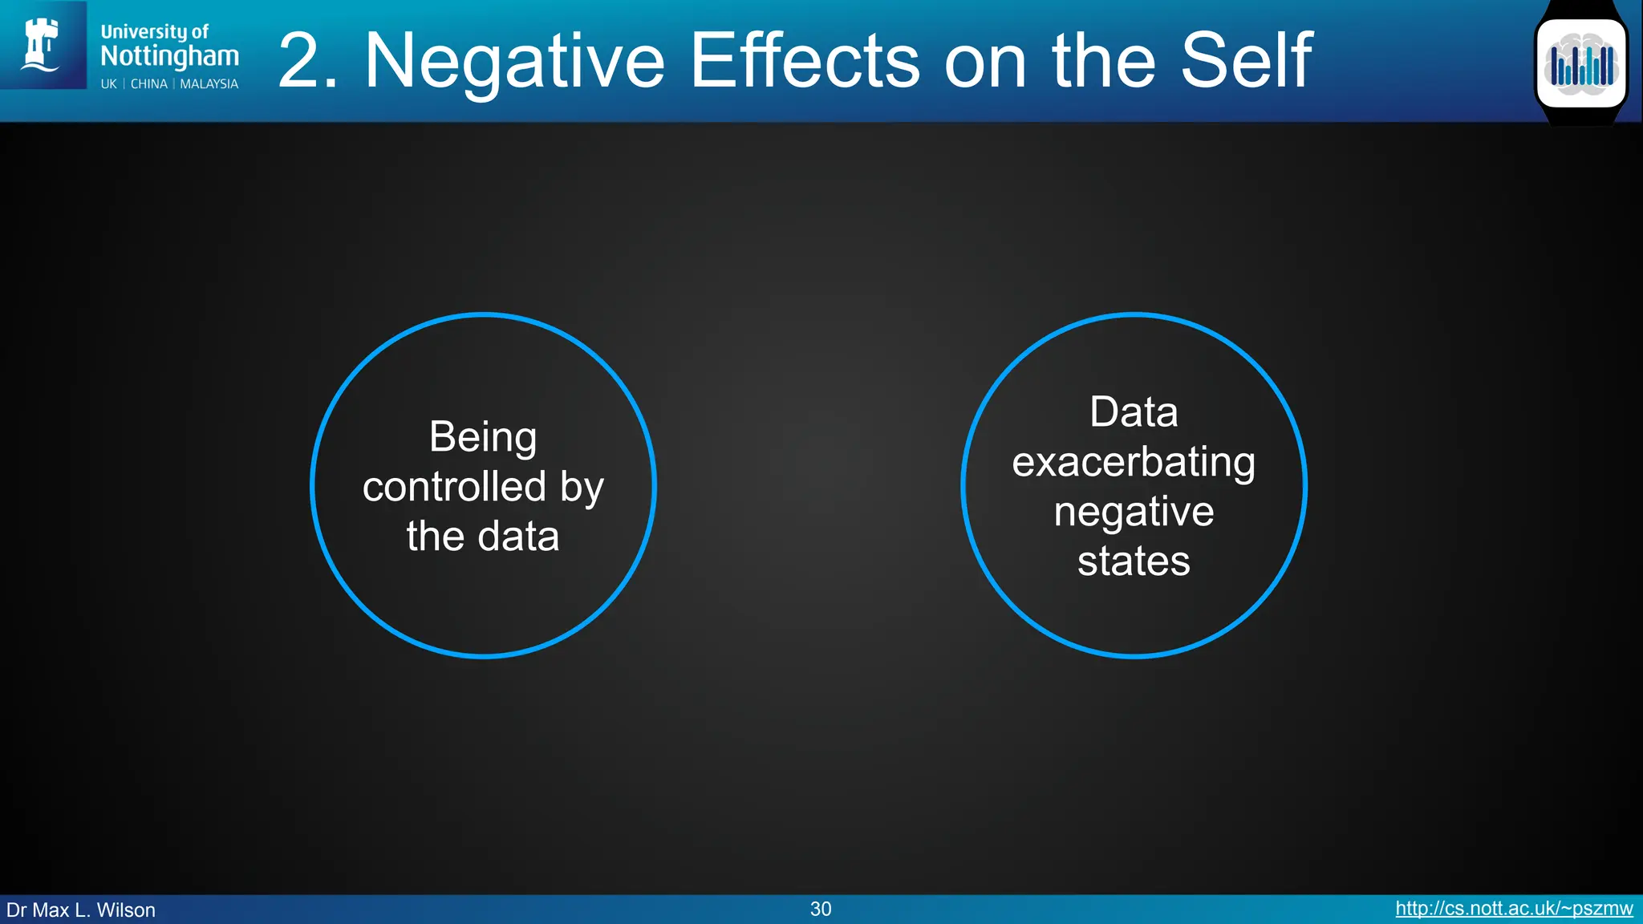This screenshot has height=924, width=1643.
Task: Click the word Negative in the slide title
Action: pos(514,62)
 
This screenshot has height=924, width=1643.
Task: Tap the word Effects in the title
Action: pos(805,60)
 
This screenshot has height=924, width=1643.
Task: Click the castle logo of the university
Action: pos(42,45)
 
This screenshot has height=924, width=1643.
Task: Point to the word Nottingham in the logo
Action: pos(169,56)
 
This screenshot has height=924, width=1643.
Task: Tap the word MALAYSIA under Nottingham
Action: pos(209,84)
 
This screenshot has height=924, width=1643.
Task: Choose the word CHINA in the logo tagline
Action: pos(149,84)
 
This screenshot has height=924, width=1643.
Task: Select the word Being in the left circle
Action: pos(483,438)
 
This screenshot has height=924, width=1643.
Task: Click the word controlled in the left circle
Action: pos(454,487)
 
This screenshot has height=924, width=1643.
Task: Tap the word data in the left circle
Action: pos(518,537)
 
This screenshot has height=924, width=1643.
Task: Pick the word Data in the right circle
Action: pos(1134,412)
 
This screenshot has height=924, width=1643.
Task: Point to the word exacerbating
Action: pos(1134,463)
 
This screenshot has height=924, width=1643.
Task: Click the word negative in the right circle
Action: pos(1134,512)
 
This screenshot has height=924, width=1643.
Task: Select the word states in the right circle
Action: pos(1134,561)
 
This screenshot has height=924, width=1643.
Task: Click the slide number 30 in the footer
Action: pos(821,909)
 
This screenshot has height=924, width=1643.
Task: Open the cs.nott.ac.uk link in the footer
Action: pos(1514,909)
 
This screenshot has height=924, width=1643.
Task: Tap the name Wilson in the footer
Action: pos(126,910)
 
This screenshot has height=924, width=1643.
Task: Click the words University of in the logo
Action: pos(154,32)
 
